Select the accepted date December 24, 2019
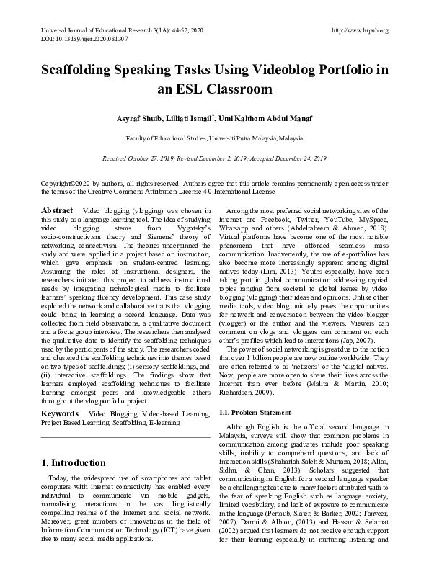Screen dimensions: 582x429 coord(296,157)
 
